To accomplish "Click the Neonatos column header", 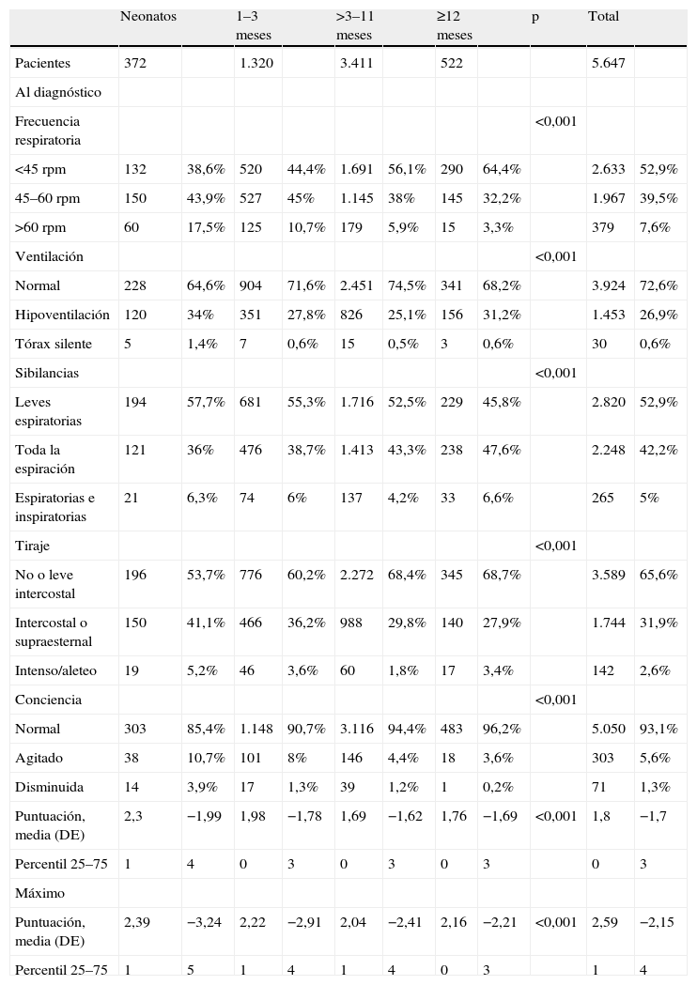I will click(149, 17).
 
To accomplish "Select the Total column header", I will click(603, 17).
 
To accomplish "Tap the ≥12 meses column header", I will click(455, 26).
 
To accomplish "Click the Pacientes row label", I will click(43, 63).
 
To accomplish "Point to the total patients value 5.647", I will click(609, 63).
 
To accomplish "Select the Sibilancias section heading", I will click(47, 373).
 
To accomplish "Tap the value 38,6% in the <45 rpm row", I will click(205, 169).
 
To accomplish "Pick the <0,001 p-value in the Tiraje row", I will click(555, 546).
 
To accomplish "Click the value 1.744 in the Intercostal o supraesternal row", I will click(609, 623).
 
